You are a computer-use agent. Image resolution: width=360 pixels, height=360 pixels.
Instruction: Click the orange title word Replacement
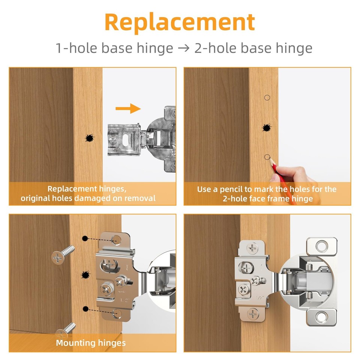[x=180, y=22]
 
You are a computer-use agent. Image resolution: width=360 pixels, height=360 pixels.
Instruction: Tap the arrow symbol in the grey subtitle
[x=184, y=48]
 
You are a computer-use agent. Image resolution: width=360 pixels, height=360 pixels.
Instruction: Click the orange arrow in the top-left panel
[x=128, y=109]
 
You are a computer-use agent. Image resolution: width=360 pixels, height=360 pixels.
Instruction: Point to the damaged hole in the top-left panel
[x=90, y=138]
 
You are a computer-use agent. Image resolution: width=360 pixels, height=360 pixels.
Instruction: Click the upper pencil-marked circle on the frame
[x=267, y=98]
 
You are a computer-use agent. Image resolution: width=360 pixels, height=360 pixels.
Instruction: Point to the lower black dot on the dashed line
[x=86, y=309]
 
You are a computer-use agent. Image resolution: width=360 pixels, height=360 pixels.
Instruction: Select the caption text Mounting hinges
[x=91, y=343]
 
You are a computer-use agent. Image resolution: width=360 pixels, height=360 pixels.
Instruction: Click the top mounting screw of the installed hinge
[x=253, y=248]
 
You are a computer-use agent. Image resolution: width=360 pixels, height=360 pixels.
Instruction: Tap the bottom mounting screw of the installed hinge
[x=253, y=313]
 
